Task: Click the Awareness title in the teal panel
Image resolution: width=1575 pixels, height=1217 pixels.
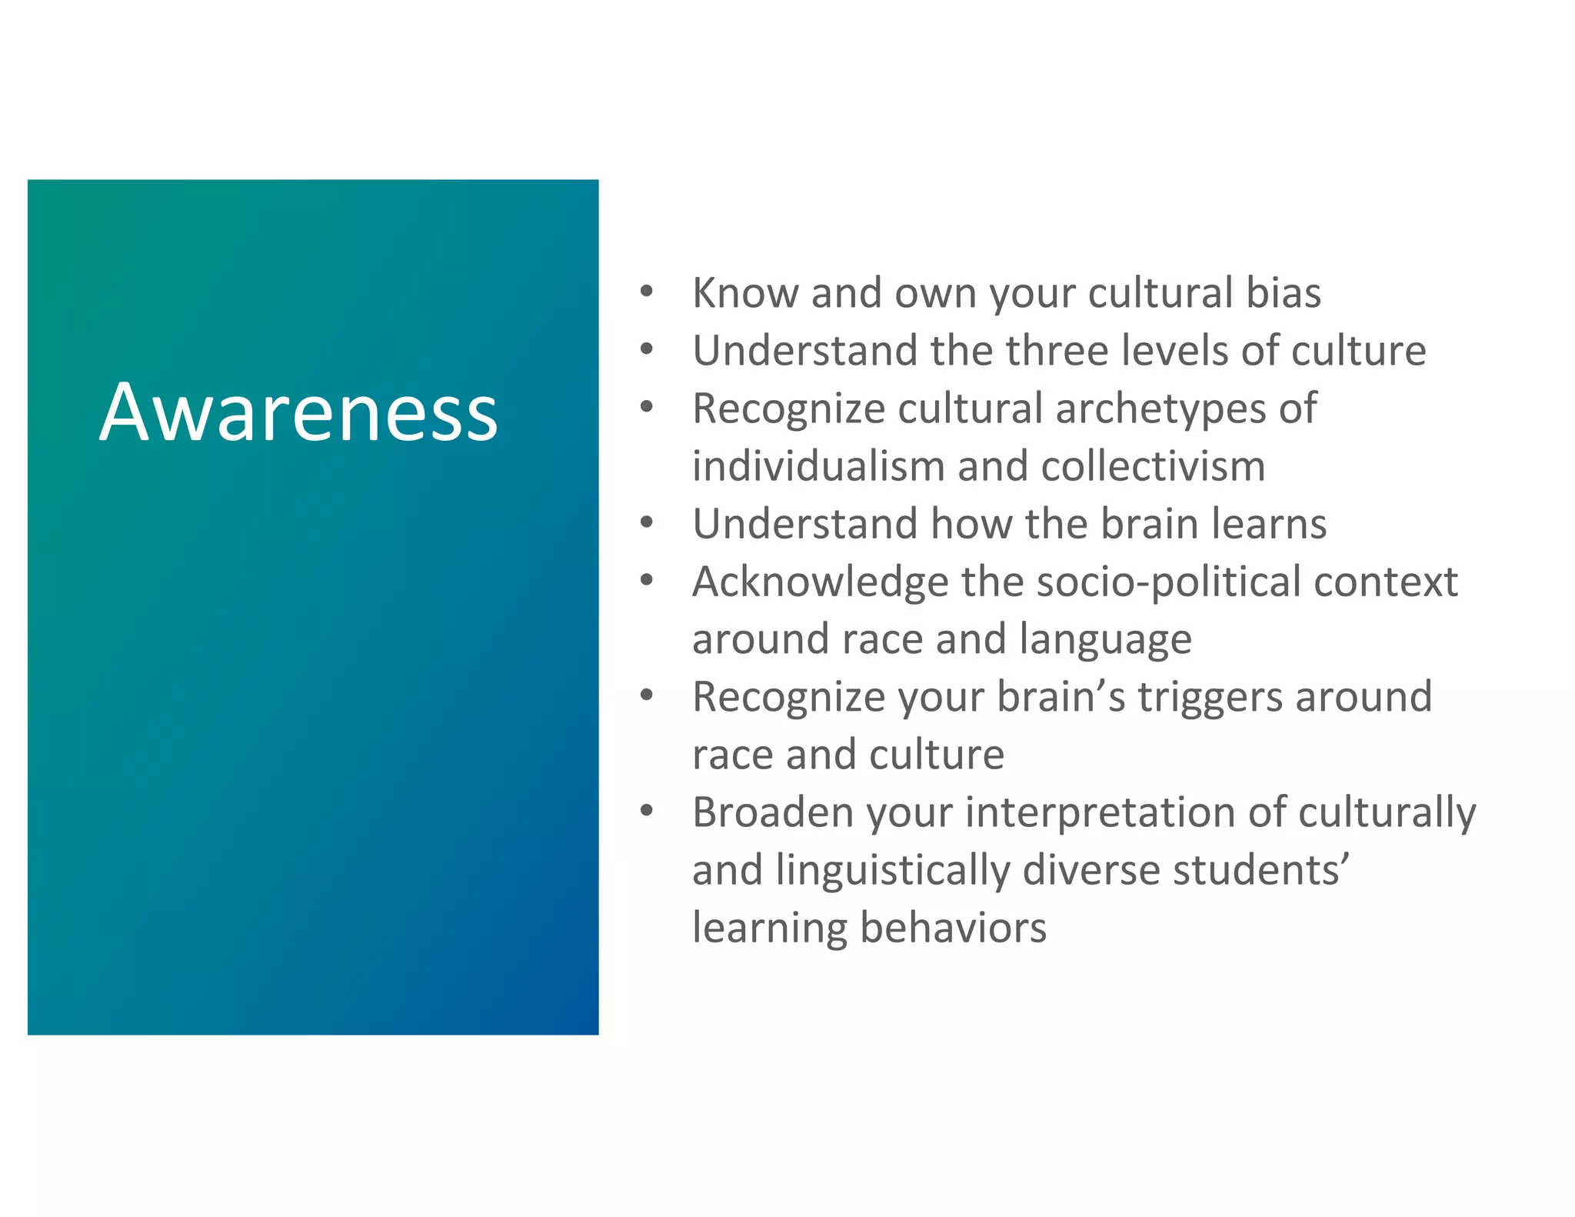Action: pyautogui.click(x=298, y=412)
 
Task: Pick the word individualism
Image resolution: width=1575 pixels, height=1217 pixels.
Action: pyautogui.click(x=818, y=466)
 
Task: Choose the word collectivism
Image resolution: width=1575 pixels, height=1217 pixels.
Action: pyautogui.click(x=1153, y=466)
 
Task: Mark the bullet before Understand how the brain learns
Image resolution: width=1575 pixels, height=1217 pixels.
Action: pyautogui.click(x=647, y=523)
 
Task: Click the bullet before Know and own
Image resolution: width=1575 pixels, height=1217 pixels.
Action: pyautogui.click(x=647, y=292)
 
